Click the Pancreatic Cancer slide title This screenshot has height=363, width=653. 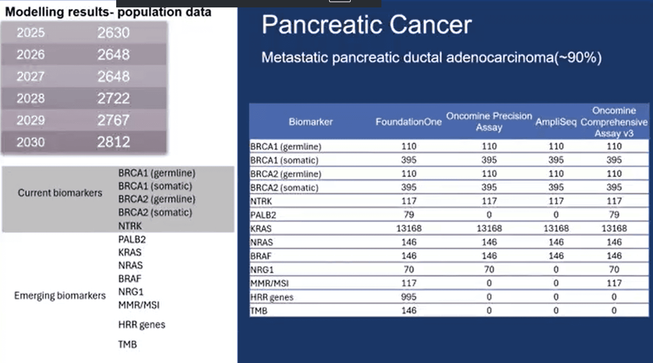366,25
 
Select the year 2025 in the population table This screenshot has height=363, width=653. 31,33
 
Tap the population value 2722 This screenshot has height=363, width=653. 114,98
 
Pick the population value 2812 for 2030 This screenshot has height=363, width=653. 114,142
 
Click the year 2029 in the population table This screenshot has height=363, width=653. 31,120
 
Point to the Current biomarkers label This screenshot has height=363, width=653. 60,193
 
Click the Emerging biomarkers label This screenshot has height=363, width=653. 60,296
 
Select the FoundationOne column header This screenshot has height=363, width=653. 408,122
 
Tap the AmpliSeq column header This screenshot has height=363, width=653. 556,122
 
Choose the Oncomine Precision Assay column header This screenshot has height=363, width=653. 489,122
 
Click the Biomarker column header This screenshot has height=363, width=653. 311,122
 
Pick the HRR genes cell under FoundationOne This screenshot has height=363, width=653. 408,297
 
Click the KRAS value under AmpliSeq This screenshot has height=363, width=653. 556,228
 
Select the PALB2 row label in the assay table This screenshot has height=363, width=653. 263,215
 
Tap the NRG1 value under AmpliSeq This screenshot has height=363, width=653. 556,269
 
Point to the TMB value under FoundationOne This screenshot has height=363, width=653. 409,311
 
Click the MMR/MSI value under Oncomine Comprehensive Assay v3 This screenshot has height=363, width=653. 614,283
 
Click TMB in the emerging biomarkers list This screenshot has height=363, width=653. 128,345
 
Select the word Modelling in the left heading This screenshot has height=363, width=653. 35,12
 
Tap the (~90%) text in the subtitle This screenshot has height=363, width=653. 578,57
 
